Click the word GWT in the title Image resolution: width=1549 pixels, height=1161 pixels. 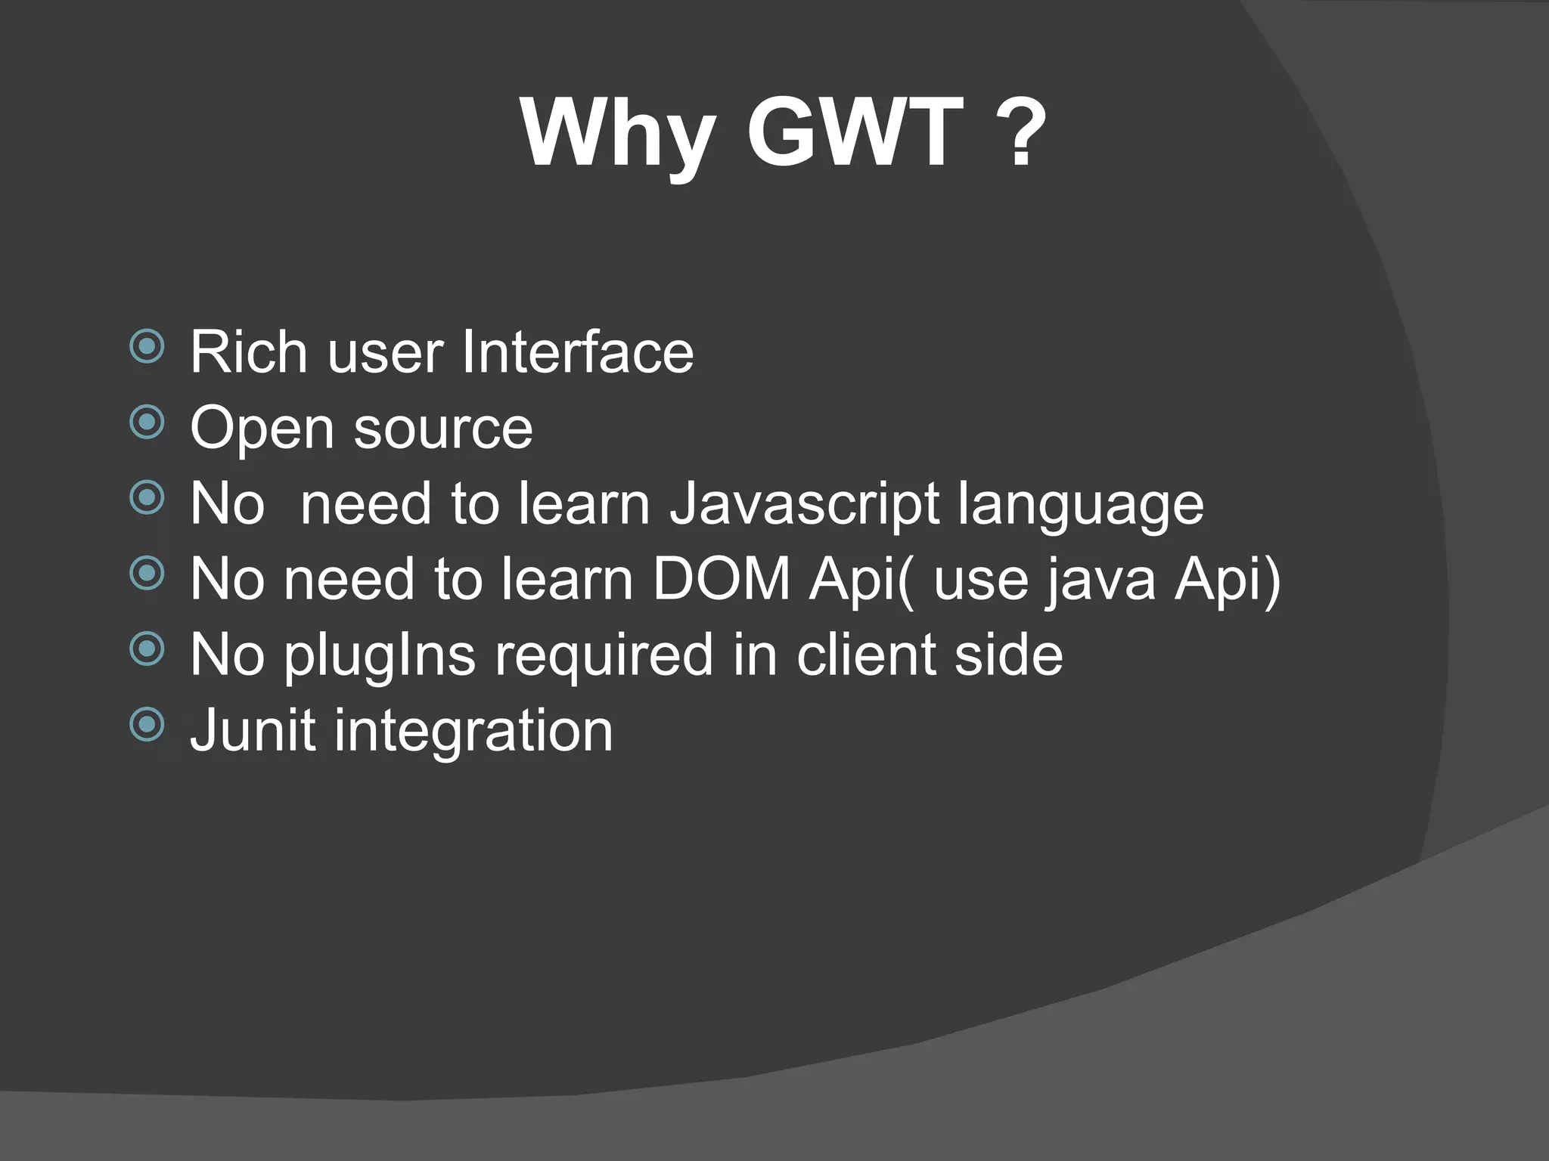855,133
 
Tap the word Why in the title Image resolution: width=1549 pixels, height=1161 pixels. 617,135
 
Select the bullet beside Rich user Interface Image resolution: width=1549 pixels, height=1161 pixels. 147,348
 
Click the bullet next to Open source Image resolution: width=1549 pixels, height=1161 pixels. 147,423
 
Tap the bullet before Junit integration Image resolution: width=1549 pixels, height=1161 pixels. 147,725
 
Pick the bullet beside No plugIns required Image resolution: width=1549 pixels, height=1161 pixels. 147,649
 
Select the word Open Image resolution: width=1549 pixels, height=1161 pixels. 262,429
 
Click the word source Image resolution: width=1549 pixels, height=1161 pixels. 443,429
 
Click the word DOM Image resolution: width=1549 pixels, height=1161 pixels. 721,579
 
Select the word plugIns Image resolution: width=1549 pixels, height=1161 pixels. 380,655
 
